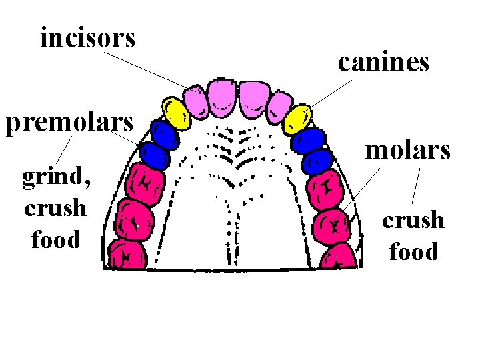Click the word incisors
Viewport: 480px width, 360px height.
click(x=87, y=39)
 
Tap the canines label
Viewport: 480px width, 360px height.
click(x=383, y=63)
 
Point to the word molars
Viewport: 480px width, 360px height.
click(x=408, y=150)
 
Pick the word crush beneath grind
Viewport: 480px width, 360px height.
click(x=55, y=208)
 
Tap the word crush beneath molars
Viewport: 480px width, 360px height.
click(x=413, y=220)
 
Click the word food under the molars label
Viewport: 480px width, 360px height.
click(x=413, y=252)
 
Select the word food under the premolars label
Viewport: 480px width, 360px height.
click(x=55, y=239)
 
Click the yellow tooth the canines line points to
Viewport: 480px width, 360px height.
click(x=297, y=118)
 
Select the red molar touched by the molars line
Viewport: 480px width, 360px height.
click(x=331, y=224)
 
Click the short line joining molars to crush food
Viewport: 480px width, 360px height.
click(x=416, y=186)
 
